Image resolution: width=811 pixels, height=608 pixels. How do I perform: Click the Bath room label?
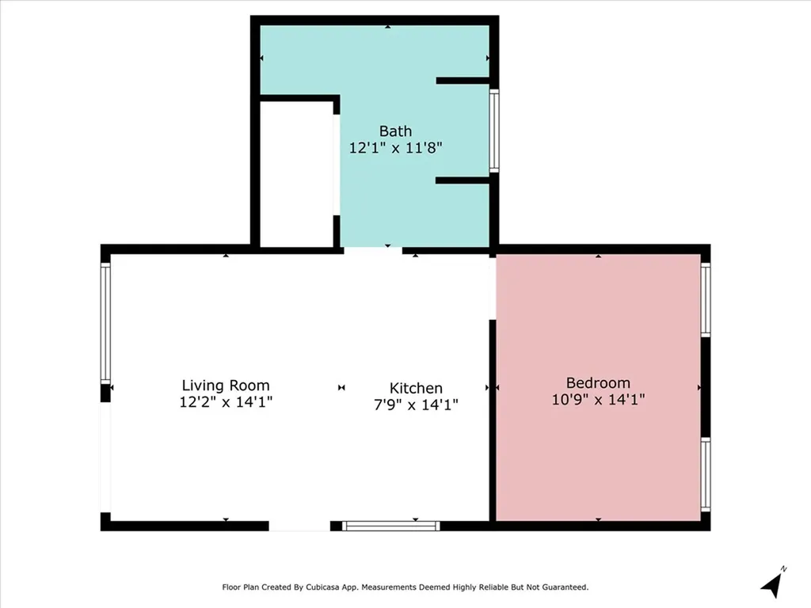396,131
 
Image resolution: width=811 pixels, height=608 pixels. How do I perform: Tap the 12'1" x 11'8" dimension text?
396,148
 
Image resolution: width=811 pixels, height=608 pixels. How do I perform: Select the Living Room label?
226,386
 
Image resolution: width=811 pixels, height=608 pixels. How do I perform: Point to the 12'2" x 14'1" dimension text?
226,401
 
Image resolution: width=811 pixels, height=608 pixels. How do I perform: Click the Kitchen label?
416,388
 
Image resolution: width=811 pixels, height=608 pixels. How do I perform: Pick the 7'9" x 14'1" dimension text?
416,405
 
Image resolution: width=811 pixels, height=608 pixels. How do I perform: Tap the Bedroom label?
598,382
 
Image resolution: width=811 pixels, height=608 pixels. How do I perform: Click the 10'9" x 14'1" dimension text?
598,399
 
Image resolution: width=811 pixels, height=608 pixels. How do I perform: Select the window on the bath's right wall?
494,131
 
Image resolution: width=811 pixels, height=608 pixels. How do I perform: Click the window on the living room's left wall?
105,323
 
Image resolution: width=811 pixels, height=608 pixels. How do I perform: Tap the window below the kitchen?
391,526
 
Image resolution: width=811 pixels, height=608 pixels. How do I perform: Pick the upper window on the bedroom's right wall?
706,300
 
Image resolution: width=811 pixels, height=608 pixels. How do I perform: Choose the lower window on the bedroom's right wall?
706,475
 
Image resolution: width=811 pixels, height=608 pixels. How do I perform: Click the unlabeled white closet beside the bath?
296,174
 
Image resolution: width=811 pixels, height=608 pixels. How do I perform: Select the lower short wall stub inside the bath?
463,180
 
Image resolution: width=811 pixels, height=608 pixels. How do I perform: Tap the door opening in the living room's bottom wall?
299,526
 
